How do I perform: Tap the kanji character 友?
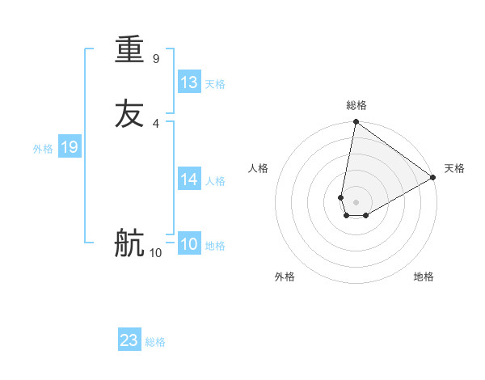click(x=129, y=114)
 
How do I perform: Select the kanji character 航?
click(x=129, y=243)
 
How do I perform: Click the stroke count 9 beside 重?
click(x=156, y=58)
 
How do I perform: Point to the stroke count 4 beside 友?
click(x=156, y=123)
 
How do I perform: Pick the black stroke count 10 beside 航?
click(x=156, y=253)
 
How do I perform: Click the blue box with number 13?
click(x=189, y=82)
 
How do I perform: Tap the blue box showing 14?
click(x=189, y=179)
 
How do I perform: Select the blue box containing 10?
click(x=189, y=244)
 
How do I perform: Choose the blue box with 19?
click(x=70, y=147)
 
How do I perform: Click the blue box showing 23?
click(x=129, y=340)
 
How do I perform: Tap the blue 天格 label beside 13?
click(x=214, y=84)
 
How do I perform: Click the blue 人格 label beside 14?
click(x=214, y=181)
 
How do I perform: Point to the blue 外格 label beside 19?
click(x=43, y=149)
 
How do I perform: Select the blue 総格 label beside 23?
click(x=155, y=342)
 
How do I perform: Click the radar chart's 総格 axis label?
click(x=356, y=105)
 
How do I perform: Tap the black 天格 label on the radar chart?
click(x=454, y=168)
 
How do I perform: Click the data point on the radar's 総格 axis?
click(x=356, y=123)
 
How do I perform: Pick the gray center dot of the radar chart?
click(x=356, y=202)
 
